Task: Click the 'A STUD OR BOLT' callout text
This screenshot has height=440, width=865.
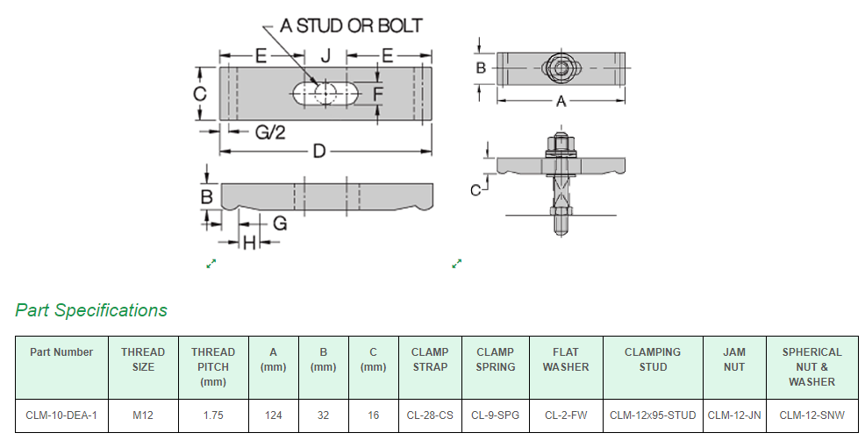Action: point(351,25)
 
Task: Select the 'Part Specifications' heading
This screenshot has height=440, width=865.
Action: point(91,310)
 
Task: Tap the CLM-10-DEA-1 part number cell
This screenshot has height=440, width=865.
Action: point(61,415)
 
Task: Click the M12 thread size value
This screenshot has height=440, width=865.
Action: point(143,415)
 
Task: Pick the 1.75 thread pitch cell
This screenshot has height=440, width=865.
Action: point(213,415)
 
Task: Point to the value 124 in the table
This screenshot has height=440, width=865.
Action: point(274,415)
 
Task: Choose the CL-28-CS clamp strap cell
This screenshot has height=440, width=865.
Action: point(430,415)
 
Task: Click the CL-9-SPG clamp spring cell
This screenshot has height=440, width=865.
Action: point(496,415)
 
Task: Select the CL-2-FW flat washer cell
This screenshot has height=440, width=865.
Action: point(566,415)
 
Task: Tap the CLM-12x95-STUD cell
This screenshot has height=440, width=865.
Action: point(653,415)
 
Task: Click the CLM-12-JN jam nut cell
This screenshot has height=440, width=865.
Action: point(734,415)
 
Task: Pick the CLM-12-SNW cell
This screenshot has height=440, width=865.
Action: point(811,415)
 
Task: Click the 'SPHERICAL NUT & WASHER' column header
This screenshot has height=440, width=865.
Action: point(811,367)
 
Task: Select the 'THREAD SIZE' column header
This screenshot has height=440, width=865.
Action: point(143,359)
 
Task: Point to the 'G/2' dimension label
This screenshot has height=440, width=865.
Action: point(270,133)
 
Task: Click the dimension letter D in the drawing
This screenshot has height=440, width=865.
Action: point(319,152)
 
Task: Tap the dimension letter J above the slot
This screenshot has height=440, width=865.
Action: point(325,56)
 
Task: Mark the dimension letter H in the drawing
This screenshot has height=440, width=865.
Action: point(249,243)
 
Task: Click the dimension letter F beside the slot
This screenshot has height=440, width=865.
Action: point(378,93)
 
